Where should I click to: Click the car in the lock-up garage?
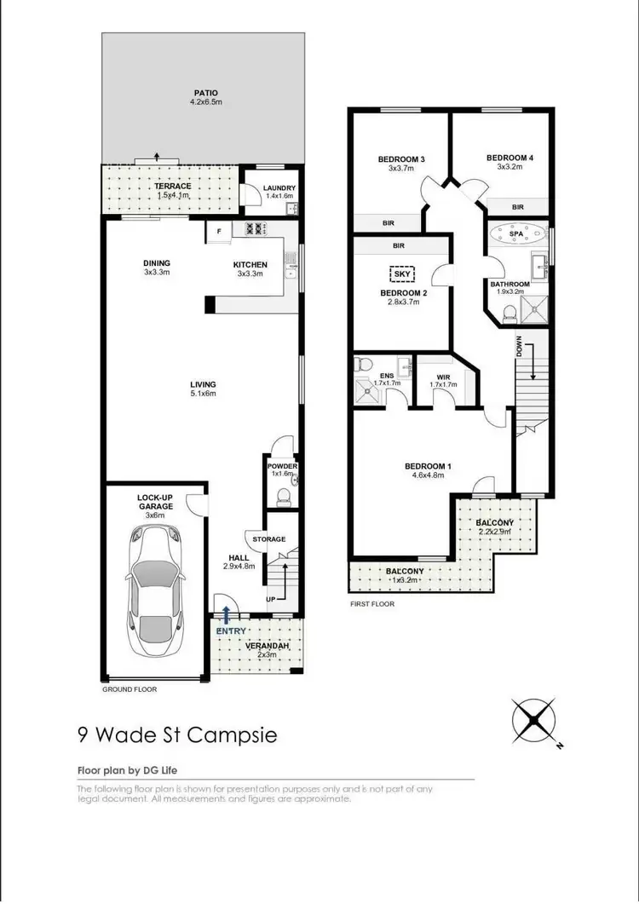click(156, 587)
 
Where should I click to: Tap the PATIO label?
click(205, 93)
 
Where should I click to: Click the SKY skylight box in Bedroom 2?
click(401, 274)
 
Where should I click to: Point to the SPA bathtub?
click(517, 232)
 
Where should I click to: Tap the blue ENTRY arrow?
click(227, 613)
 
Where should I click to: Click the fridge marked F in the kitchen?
click(219, 229)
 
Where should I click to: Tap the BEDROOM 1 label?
click(428, 466)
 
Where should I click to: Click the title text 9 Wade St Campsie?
click(177, 734)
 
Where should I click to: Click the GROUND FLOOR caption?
click(130, 688)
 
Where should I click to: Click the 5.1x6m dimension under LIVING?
click(203, 394)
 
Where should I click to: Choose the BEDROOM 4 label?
click(509, 158)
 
